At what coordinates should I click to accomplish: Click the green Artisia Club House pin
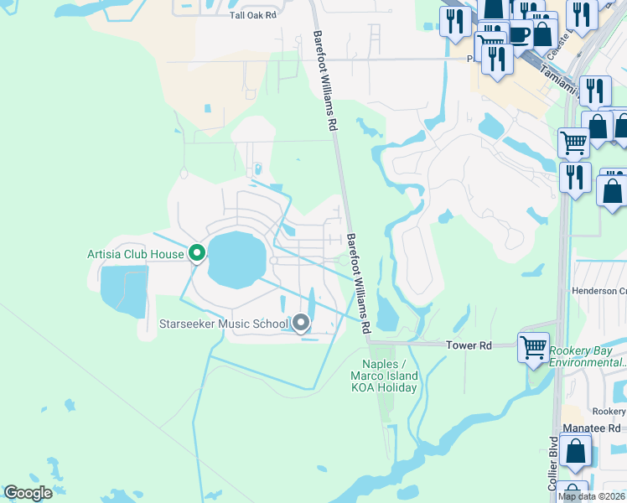(197, 252)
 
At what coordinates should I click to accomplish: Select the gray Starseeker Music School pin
(301, 323)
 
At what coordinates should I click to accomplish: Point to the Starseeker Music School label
(224, 324)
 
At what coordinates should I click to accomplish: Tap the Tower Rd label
(468, 345)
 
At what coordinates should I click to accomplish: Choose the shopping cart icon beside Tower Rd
(533, 346)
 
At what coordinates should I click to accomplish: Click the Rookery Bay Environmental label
(588, 356)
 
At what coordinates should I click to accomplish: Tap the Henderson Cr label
(599, 291)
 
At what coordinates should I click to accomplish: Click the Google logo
(28, 493)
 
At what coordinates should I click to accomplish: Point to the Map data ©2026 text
(591, 496)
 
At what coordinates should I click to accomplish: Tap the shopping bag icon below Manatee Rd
(576, 451)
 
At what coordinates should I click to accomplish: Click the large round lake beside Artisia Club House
(236, 258)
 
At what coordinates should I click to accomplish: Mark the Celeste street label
(559, 41)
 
